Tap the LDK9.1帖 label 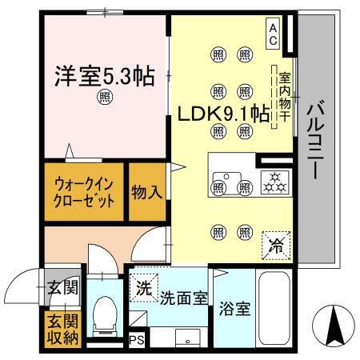(x=222, y=114)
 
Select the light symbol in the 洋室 (x=104, y=98)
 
